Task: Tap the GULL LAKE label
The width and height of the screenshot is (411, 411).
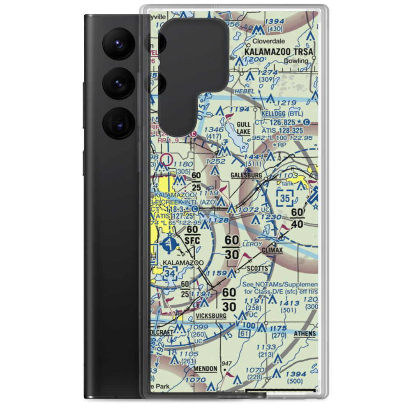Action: coord(243,128)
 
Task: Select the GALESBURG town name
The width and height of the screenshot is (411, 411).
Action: coord(246,175)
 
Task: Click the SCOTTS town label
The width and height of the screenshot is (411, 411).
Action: coord(258,269)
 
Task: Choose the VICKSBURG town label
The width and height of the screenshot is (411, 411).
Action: coord(211,316)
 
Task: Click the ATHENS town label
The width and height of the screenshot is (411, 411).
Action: coord(305,334)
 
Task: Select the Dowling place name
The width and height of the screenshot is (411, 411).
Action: coord(296,61)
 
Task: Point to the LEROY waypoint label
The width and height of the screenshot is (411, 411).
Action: coord(253,244)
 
